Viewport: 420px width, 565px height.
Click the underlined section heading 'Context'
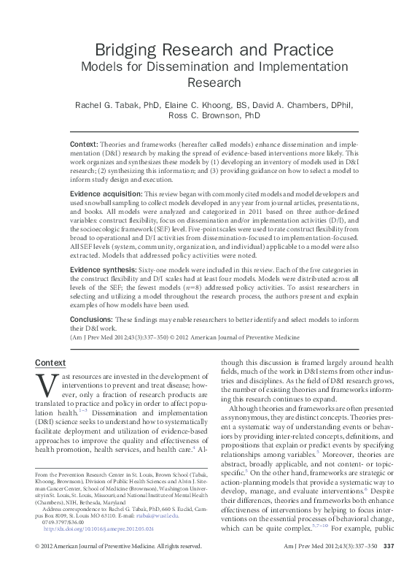(50, 363)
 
